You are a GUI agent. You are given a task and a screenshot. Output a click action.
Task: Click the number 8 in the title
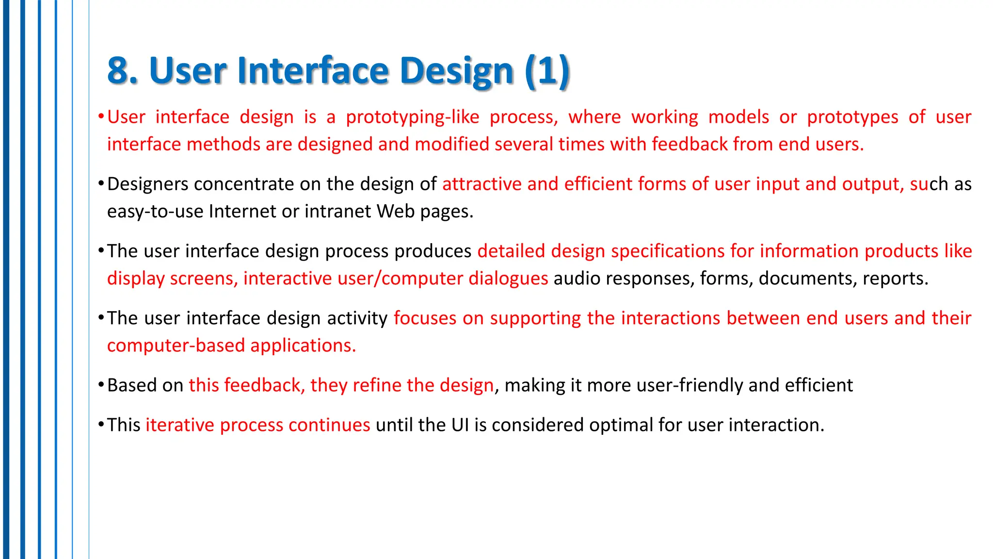click(118, 71)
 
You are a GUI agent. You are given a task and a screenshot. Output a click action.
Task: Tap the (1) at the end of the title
click(547, 71)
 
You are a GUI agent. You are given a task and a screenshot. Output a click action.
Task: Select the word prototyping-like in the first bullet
click(412, 117)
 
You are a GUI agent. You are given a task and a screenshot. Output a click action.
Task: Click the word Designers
click(148, 184)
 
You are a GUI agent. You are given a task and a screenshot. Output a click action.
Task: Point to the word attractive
click(482, 184)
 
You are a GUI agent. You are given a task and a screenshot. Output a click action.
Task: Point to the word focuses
click(425, 318)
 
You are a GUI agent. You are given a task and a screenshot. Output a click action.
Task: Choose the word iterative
click(180, 425)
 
